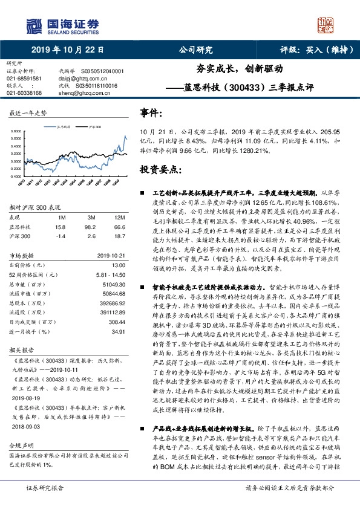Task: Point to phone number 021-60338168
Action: coord(24,92)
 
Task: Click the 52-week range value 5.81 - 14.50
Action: coord(110,274)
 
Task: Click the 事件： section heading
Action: coord(151,112)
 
